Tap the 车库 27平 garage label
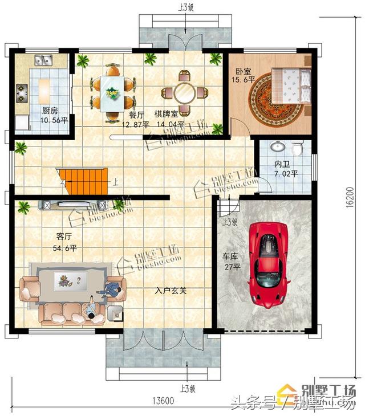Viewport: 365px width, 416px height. pyautogui.click(x=232, y=262)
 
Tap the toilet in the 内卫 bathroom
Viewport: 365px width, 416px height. pyautogui.click(x=297, y=149)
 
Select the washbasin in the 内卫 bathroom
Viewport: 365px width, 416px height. pyautogui.click(x=278, y=146)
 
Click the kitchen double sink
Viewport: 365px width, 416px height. pyautogui.click(x=43, y=59)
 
